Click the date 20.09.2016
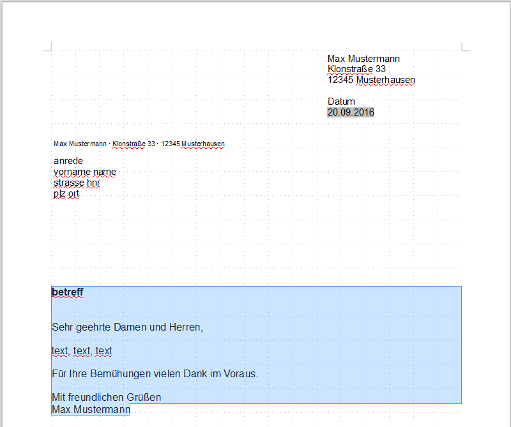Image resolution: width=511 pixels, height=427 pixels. (x=351, y=112)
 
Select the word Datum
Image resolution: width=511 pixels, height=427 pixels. (x=341, y=101)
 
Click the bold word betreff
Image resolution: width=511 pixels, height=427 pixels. (x=68, y=292)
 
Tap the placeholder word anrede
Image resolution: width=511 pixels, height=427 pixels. (x=68, y=161)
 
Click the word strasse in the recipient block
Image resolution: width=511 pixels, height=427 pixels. (x=68, y=183)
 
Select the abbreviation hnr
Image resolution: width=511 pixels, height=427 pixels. (x=93, y=183)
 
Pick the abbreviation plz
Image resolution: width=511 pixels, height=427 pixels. (x=59, y=193)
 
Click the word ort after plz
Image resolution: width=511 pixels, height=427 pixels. (x=73, y=193)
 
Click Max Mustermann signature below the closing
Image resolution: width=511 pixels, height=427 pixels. (x=91, y=409)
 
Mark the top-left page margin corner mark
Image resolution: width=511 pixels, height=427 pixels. (x=47, y=47)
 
